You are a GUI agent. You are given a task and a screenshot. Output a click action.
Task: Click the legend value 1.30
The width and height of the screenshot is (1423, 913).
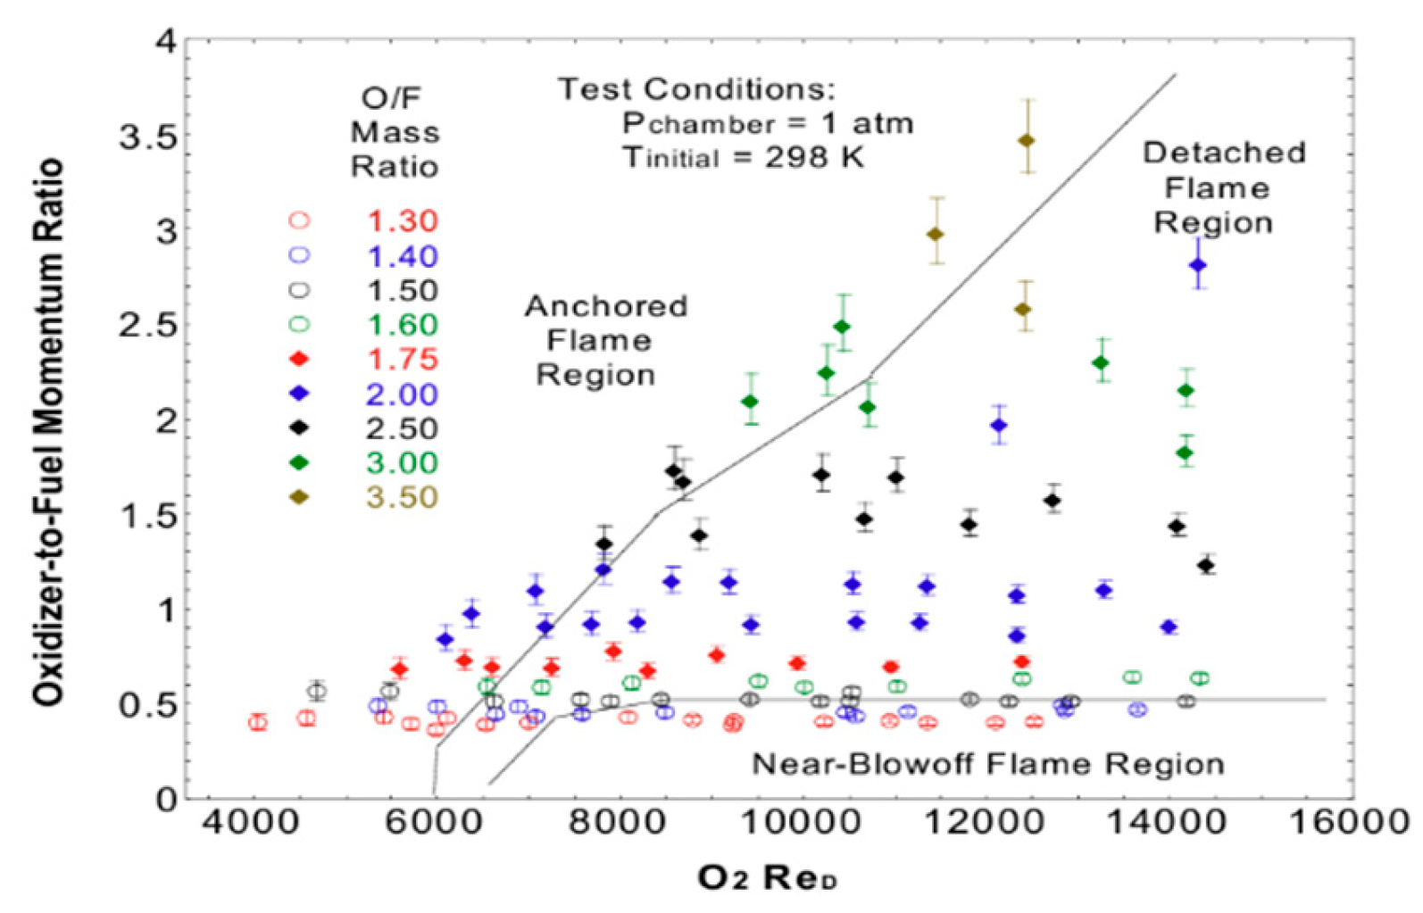point(402,220)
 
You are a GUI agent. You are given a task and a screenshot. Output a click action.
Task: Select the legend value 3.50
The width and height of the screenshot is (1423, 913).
point(402,497)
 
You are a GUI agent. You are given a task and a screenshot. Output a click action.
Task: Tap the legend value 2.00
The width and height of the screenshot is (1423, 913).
point(402,394)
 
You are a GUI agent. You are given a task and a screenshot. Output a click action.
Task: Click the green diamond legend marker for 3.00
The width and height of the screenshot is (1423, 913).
point(300,462)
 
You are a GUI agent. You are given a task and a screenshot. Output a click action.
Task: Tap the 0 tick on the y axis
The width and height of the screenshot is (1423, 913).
point(167,799)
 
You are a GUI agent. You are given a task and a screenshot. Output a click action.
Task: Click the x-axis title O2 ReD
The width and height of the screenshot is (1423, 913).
point(767,878)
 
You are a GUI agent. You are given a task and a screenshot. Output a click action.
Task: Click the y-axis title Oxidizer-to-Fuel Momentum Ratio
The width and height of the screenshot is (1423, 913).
point(49,433)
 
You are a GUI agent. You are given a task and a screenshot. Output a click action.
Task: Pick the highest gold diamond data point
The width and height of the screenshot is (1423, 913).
point(1027,140)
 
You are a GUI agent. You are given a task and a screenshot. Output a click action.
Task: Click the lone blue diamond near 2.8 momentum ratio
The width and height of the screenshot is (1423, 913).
point(1198,265)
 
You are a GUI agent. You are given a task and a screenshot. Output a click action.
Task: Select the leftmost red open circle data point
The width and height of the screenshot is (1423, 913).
point(258,722)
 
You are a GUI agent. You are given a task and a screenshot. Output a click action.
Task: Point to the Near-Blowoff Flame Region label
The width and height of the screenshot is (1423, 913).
point(987,764)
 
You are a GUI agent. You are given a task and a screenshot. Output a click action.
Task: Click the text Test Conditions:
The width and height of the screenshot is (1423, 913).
point(696,88)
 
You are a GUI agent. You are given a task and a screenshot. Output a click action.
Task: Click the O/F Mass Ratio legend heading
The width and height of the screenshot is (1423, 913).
point(394,132)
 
